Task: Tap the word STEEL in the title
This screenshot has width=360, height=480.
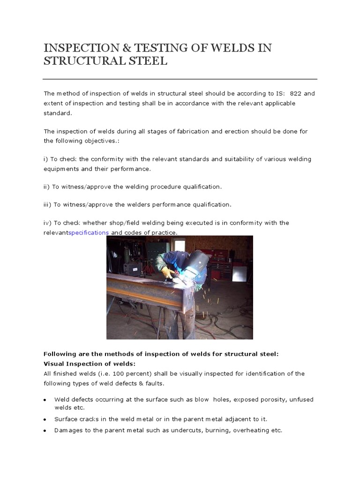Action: click(145, 61)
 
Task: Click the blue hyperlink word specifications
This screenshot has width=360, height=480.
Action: click(89, 232)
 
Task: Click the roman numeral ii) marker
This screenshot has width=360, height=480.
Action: click(46, 187)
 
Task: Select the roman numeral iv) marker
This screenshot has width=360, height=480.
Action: click(47, 223)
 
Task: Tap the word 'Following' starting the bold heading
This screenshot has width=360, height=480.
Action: click(59, 354)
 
